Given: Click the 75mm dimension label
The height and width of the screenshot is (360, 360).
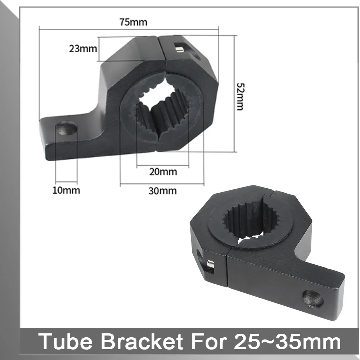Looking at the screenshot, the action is coord(133,22).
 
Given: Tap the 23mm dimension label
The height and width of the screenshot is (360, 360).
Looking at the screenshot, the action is coord(83,49).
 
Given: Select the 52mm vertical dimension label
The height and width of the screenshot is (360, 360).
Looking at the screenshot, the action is coord(240,96).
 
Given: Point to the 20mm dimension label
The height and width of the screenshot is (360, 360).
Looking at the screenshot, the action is coord(163,172).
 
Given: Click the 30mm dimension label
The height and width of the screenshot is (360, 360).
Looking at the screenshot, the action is coord(163,191).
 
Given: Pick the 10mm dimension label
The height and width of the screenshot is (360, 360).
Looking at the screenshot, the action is coord(66,190).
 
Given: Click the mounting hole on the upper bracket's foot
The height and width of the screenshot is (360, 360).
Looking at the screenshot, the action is coord(66,129).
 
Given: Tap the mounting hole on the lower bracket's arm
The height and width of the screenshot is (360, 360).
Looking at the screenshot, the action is coord(313,298).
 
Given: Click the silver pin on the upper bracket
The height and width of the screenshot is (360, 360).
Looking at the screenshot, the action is coord(179,49).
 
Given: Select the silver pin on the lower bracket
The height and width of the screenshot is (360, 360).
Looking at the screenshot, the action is coord(211,264).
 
